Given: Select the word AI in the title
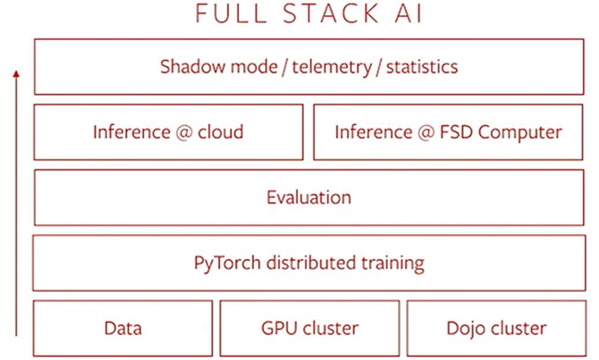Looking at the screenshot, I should point(387,14).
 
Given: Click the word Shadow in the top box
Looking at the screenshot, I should point(190,66).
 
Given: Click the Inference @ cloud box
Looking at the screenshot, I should point(169,132).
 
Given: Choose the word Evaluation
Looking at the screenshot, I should point(308,197).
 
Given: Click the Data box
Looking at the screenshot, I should point(122,328).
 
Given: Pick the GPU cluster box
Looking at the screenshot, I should point(308,328).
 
